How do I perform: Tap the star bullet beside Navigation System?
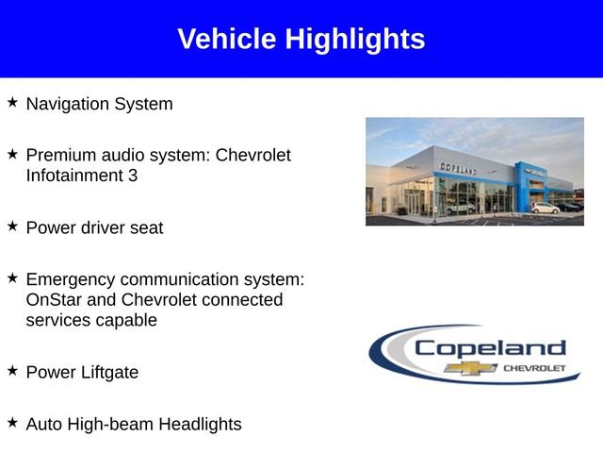pyautogui.click(x=12, y=102)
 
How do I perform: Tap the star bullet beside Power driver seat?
pyautogui.click(x=12, y=226)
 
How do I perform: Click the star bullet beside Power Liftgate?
pyautogui.click(x=12, y=371)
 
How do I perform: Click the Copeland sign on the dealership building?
pyautogui.click(x=458, y=167)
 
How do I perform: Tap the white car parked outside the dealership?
pyautogui.click(x=545, y=208)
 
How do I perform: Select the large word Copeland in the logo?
pyautogui.click(x=490, y=347)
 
